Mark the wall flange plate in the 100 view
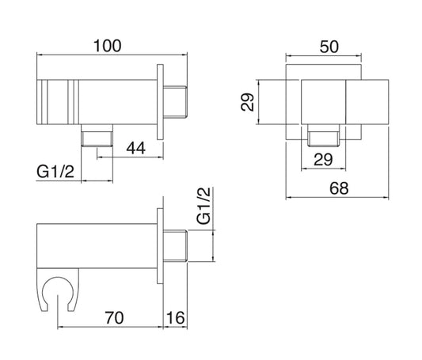tap(162, 99)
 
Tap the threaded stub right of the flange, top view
tap(177, 99)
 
